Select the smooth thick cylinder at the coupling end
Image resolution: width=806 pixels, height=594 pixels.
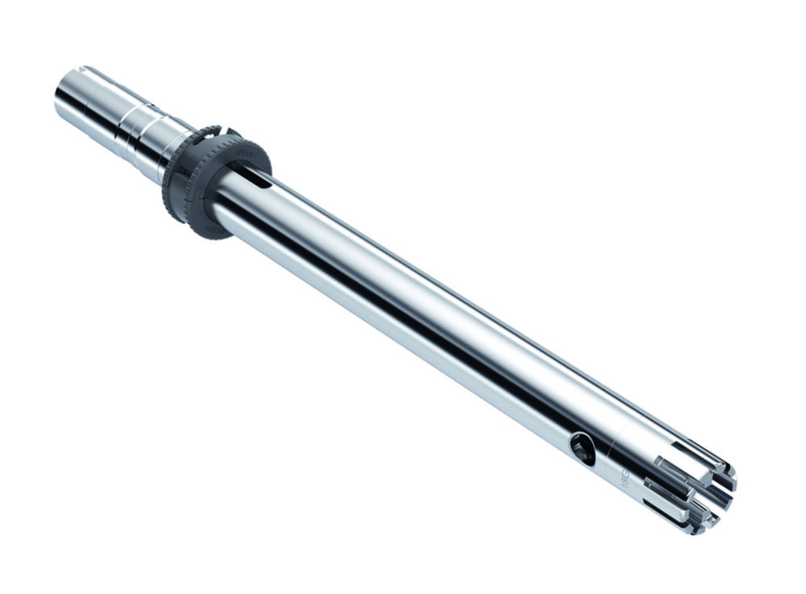(89, 97)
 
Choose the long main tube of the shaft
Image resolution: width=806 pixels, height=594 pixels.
(403, 306)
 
